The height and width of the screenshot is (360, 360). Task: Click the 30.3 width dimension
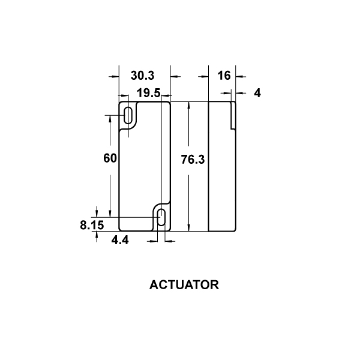pos(142,76)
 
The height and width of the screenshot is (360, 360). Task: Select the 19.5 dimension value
pos(148,93)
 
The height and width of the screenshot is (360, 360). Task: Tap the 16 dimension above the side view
pos(224,76)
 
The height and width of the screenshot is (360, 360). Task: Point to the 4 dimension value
pos(257,93)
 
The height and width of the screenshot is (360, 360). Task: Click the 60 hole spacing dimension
pos(110,158)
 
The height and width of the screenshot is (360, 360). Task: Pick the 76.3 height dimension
pos(193,160)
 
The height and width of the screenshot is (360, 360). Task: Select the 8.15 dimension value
pos(92,225)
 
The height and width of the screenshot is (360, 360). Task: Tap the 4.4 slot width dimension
pos(120,240)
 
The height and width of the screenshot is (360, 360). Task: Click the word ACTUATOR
pos(184,285)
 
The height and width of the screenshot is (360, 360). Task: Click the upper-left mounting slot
pos(128,115)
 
